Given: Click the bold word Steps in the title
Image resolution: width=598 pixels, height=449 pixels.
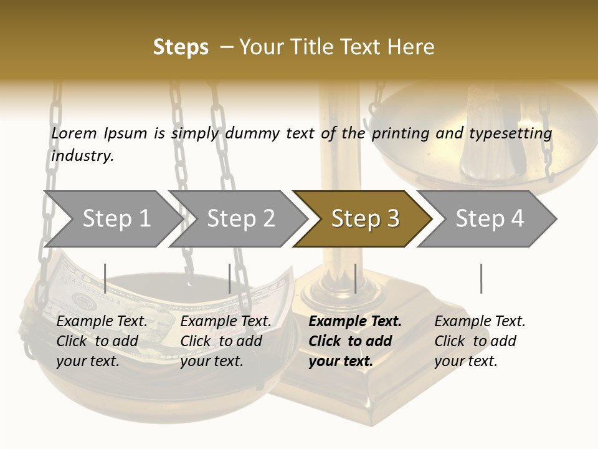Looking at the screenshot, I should (181, 47).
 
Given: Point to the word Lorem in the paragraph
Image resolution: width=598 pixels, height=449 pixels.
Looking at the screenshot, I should (74, 133).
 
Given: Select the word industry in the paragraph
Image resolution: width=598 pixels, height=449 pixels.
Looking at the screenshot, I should (82, 155).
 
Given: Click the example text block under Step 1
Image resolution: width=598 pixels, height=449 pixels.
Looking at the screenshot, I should (102, 341).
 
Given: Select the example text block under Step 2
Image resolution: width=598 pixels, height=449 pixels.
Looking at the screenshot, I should (225, 341).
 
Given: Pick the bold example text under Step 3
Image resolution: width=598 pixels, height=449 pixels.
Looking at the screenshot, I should (355, 341).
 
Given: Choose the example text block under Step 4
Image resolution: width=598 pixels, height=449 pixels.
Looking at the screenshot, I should (480, 341).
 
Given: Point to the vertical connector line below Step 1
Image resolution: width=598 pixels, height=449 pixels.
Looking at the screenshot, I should (105, 278).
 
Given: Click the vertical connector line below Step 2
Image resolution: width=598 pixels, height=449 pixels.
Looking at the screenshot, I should (230, 278).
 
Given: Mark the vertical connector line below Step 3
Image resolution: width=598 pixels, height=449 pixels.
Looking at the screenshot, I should (355, 278).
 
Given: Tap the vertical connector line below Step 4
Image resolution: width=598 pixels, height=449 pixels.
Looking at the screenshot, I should (481, 278).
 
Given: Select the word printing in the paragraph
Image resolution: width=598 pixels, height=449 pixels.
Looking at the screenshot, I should (401, 133).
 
